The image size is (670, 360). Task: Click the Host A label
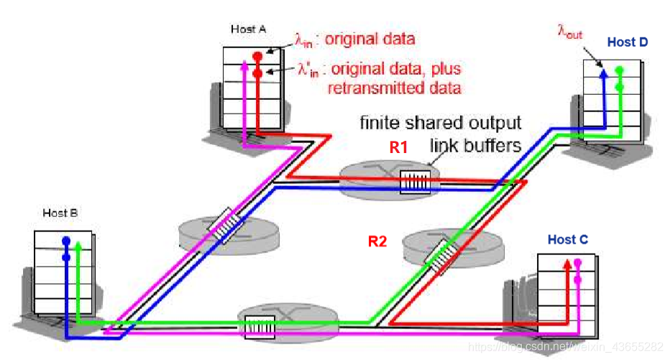point(248,29)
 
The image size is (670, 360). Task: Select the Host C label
point(567,239)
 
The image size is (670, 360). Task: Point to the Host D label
point(627,42)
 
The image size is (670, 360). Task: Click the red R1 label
point(399,147)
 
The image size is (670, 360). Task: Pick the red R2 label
point(377,241)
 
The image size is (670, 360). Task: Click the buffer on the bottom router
point(259,326)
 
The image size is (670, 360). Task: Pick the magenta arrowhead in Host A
point(244,64)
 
